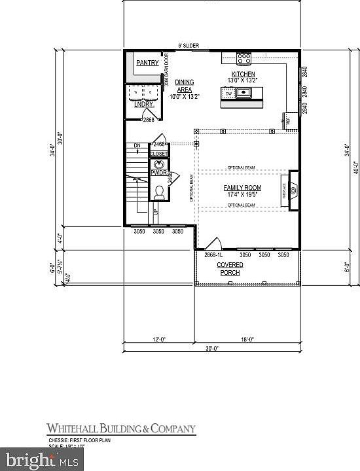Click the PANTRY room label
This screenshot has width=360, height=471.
click(x=147, y=63)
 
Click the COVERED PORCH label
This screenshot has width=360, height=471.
click(x=230, y=268)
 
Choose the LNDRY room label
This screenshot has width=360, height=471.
click(x=143, y=104)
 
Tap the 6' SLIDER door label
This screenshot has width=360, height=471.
click(x=189, y=46)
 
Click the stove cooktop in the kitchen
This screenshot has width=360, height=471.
click(x=243, y=56)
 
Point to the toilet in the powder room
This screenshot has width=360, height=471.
click(x=159, y=192)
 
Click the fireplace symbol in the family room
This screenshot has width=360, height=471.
click(x=293, y=190)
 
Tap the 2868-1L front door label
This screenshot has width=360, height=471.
click(x=214, y=255)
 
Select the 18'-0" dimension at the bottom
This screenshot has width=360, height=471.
click(x=246, y=339)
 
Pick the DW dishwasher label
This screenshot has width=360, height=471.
click(x=228, y=94)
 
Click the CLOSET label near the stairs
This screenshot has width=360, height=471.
click(x=159, y=153)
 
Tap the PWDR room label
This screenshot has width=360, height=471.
click(x=158, y=173)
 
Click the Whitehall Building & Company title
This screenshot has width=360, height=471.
click(x=120, y=429)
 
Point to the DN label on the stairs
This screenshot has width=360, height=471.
click(x=137, y=146)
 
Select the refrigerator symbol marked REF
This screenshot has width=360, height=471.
click(x=288, y=120)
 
